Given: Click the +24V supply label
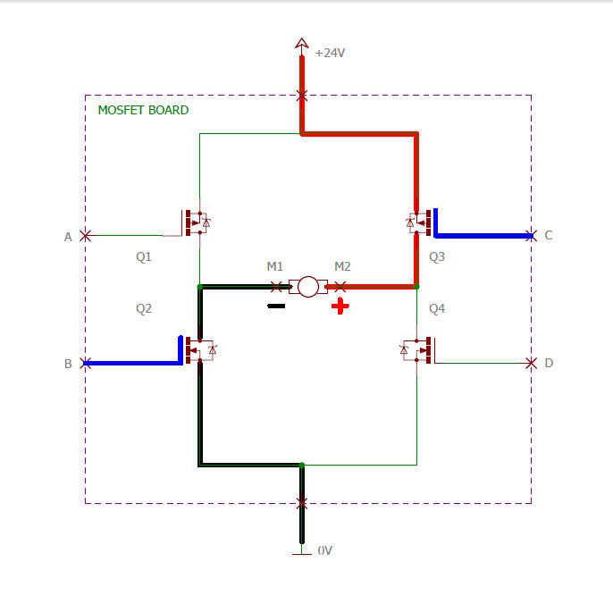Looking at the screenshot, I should coord(330,53).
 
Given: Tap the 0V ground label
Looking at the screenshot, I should coord(325,550).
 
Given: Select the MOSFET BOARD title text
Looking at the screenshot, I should coord(143,110).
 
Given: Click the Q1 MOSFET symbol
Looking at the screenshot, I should coord(196,223).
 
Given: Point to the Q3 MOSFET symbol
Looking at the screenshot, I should coord(419,221).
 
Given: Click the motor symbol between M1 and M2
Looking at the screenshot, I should coord(307,287).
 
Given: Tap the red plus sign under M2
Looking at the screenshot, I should coord(340,306).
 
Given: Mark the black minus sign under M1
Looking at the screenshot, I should coord(276,306).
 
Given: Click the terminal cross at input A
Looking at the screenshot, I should coord(85,236).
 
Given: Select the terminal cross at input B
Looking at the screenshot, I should coord(85,363).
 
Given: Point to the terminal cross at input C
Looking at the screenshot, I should coord(531,236).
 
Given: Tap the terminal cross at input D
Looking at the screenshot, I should coord(531,363).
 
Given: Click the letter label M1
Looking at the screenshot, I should coord(275,266).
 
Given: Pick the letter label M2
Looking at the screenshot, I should coord(342,266).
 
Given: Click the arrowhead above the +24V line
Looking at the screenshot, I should coord(302,43).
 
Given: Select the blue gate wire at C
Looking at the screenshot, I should coord(483,236).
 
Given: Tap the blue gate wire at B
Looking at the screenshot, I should coord(134,363).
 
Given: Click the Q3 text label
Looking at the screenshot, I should coord(436,257).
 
